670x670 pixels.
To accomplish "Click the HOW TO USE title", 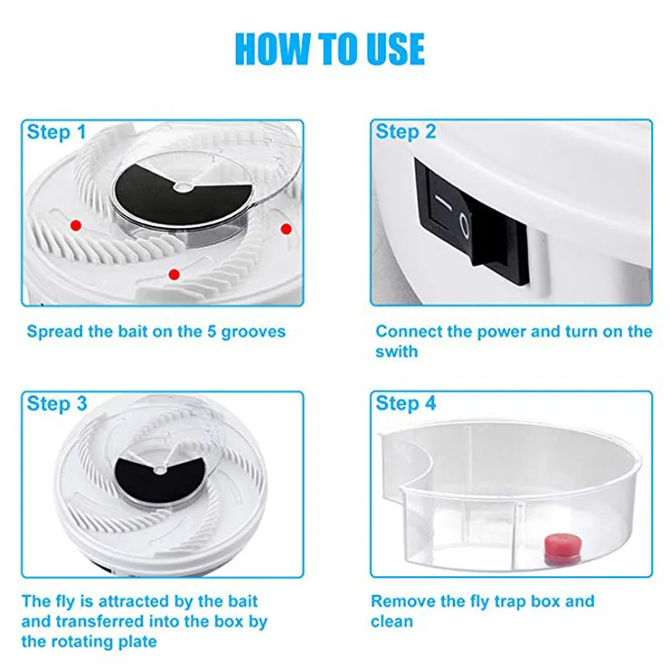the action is point(330,49).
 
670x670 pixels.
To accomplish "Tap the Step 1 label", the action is point(56,132).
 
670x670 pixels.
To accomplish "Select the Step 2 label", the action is point(405,131).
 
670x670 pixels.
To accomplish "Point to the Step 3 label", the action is point(57,404).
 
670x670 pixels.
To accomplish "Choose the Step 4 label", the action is point(405,404).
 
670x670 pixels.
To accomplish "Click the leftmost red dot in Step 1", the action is point(76,225).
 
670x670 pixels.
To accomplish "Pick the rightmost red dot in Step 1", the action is point(286,229).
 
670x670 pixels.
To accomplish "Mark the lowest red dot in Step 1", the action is point(174,275).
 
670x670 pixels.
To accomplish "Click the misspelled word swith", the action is point(396,352).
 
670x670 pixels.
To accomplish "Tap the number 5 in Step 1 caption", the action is point(212,332).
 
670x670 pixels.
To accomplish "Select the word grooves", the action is point(254,332).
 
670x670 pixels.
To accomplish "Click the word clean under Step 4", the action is point(392,621).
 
